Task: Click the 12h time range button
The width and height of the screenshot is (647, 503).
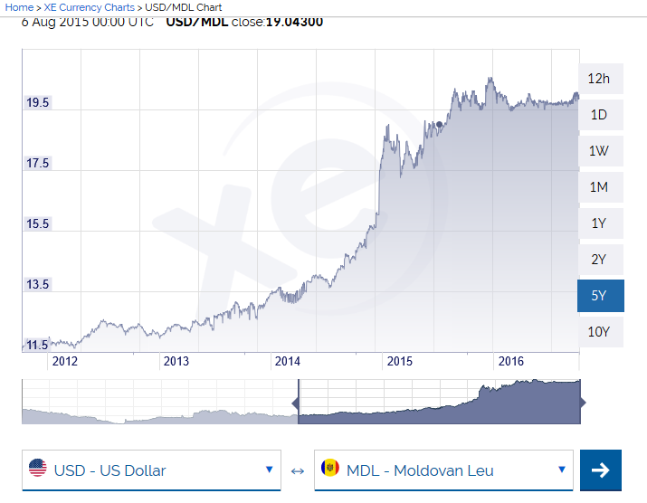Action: pos(598,79)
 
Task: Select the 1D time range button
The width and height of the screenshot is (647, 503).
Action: pos(598,115)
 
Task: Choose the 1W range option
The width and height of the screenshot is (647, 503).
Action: pos(598,151)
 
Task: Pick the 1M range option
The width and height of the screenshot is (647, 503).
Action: pos(598,187)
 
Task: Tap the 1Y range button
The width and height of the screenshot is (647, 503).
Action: pos(598,223)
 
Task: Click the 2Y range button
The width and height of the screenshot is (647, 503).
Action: pos(598,260)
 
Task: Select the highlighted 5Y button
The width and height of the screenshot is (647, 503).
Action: pos(598,296)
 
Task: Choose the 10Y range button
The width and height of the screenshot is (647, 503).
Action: pos(598,332)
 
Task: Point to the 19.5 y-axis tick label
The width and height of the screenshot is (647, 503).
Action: pos(37,103)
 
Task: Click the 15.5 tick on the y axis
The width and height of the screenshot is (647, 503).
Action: pos(37,224)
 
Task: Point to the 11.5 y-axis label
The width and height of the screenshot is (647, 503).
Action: pos(37,345)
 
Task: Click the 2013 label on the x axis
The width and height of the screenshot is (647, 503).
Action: pos(176,362)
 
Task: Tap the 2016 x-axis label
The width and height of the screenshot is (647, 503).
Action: pos(511,362)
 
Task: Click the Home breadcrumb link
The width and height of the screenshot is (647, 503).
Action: pos(19,7)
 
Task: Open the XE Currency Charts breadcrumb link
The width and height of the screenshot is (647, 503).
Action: pos(90,7)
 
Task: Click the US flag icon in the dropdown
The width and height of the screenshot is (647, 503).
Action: pos(38,470)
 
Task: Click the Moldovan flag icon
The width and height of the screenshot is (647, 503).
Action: pos(329,470)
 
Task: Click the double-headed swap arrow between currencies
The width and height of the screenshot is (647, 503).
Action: pos(298,470)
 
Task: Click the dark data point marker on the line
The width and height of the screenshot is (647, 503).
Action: pos(439,124)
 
